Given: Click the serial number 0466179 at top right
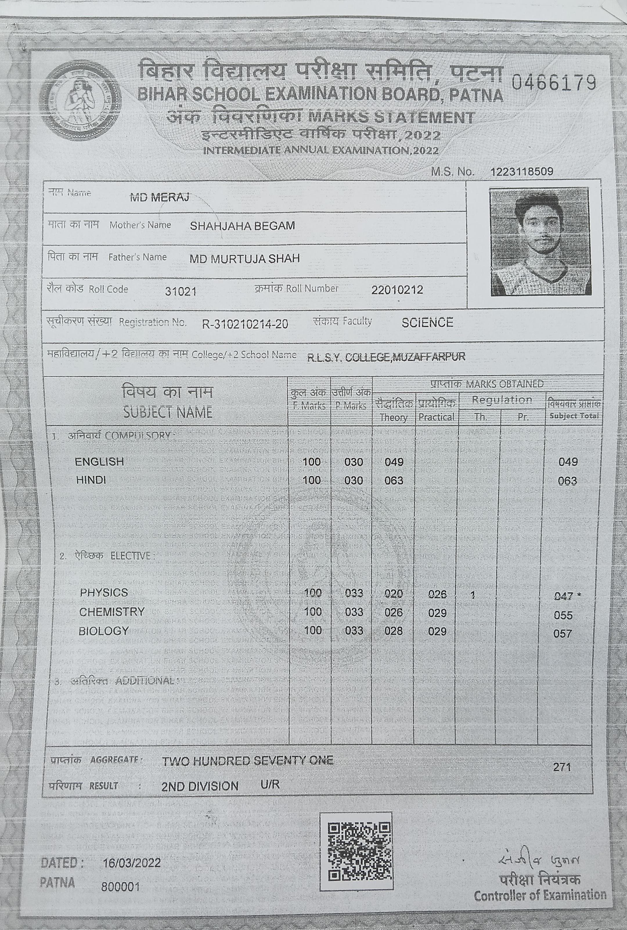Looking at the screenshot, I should click(x=554, y=83).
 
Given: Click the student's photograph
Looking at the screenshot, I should click(x=540, y=242).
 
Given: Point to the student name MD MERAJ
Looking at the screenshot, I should click(x=160, y=197).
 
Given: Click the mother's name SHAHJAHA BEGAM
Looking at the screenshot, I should click(x=242, y=226).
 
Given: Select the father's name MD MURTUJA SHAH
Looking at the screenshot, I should click(x=244, y=258).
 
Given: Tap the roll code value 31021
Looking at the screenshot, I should click(x=181, y=291).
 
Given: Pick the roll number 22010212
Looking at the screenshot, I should click(x=397, y=289).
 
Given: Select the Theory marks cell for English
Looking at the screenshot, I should click(x=394, y=462).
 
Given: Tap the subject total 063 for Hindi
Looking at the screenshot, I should click(x=567, y=481).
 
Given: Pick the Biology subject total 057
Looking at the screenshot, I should click(x=562, y=633).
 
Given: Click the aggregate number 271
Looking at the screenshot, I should click(x=562, y=767).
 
